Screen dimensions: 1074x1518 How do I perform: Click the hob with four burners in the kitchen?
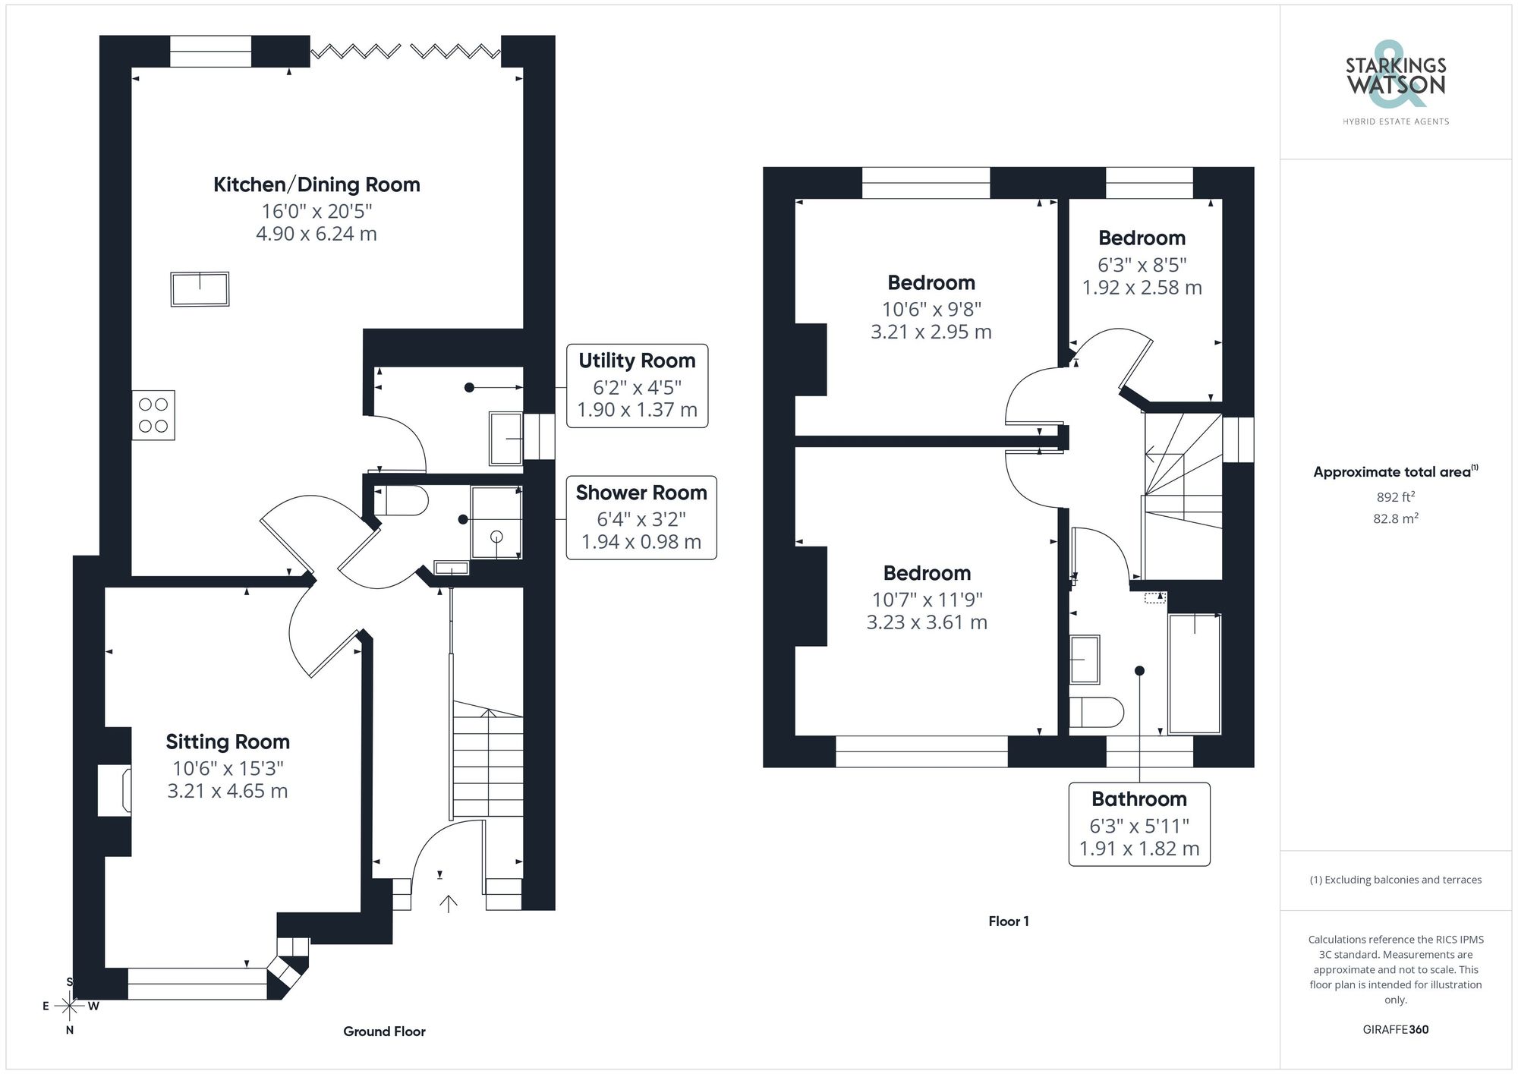pos(153,415)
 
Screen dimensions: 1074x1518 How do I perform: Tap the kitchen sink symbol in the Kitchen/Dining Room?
pos(200,289)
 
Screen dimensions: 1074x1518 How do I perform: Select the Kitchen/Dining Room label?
pos(317,184)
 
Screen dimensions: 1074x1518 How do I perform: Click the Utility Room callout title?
pos(637,361)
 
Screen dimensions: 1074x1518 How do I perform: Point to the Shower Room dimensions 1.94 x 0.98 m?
pos(641,542)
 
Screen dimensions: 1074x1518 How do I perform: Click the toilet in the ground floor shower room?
pos(402,501)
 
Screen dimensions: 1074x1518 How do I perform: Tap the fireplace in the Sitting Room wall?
pos(115,791)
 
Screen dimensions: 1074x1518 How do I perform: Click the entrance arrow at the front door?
pos(449,903)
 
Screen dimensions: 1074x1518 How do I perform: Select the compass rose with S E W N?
pos(70,1006)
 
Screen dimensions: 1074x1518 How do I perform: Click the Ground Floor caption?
pos(384,1031)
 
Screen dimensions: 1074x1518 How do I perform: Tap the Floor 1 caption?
pos(1008,921)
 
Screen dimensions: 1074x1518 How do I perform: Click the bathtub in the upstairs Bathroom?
pos(1195,674)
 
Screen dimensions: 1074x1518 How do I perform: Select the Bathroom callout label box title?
pos(1138,799)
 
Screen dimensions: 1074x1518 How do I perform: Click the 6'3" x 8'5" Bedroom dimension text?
pos(1142,265)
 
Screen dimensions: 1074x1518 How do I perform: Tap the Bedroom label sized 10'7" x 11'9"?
pos(927,573)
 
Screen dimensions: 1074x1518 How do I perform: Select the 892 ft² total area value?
pos(1395,497)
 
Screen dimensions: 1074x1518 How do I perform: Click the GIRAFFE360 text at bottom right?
pos(1395,1030)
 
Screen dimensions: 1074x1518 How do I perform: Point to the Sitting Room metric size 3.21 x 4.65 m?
pos(228,791)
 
